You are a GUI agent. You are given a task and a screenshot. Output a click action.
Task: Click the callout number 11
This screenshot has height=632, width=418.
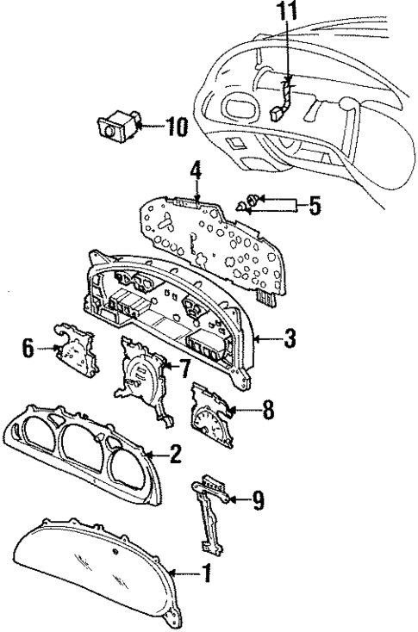pyautogui.click(x=286, y=13)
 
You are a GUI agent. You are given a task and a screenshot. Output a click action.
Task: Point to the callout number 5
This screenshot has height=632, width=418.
pyautogui.click(x=315, y=206)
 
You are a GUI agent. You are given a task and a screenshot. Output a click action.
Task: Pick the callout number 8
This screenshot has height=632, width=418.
pyautogui.click(x=269, y=410)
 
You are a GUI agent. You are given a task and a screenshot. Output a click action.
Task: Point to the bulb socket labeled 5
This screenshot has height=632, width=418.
pyautogui.click(x=249, y=205)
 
